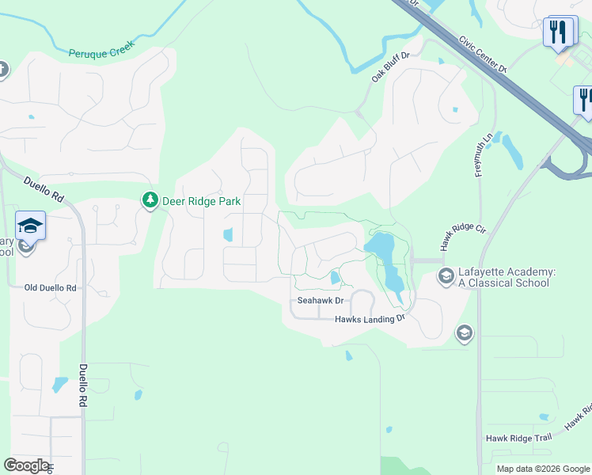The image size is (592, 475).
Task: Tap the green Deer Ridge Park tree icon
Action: (x=150, y=201)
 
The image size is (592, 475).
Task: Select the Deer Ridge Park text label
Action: (x=201, y=201)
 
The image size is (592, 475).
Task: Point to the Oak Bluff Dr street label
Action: (x=391, y=67)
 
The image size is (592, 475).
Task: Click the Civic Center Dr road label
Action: (x=480, y=53)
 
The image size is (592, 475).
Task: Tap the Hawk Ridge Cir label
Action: (x=461, y=237)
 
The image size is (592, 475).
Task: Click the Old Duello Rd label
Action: (x=50, y=288)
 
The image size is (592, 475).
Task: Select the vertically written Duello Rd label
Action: (x=82, y=386)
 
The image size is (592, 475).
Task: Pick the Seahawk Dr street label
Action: (x=321, y=301)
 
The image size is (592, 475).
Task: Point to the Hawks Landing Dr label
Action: (x=370, y=318)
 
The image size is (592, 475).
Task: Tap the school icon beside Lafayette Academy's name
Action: (x=446, y=276)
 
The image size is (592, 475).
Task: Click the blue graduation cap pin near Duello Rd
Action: (x=30, y=226)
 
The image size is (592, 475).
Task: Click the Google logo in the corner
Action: (x=26, y=465)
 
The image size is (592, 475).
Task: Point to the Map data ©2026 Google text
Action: (x=542, y=469)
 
